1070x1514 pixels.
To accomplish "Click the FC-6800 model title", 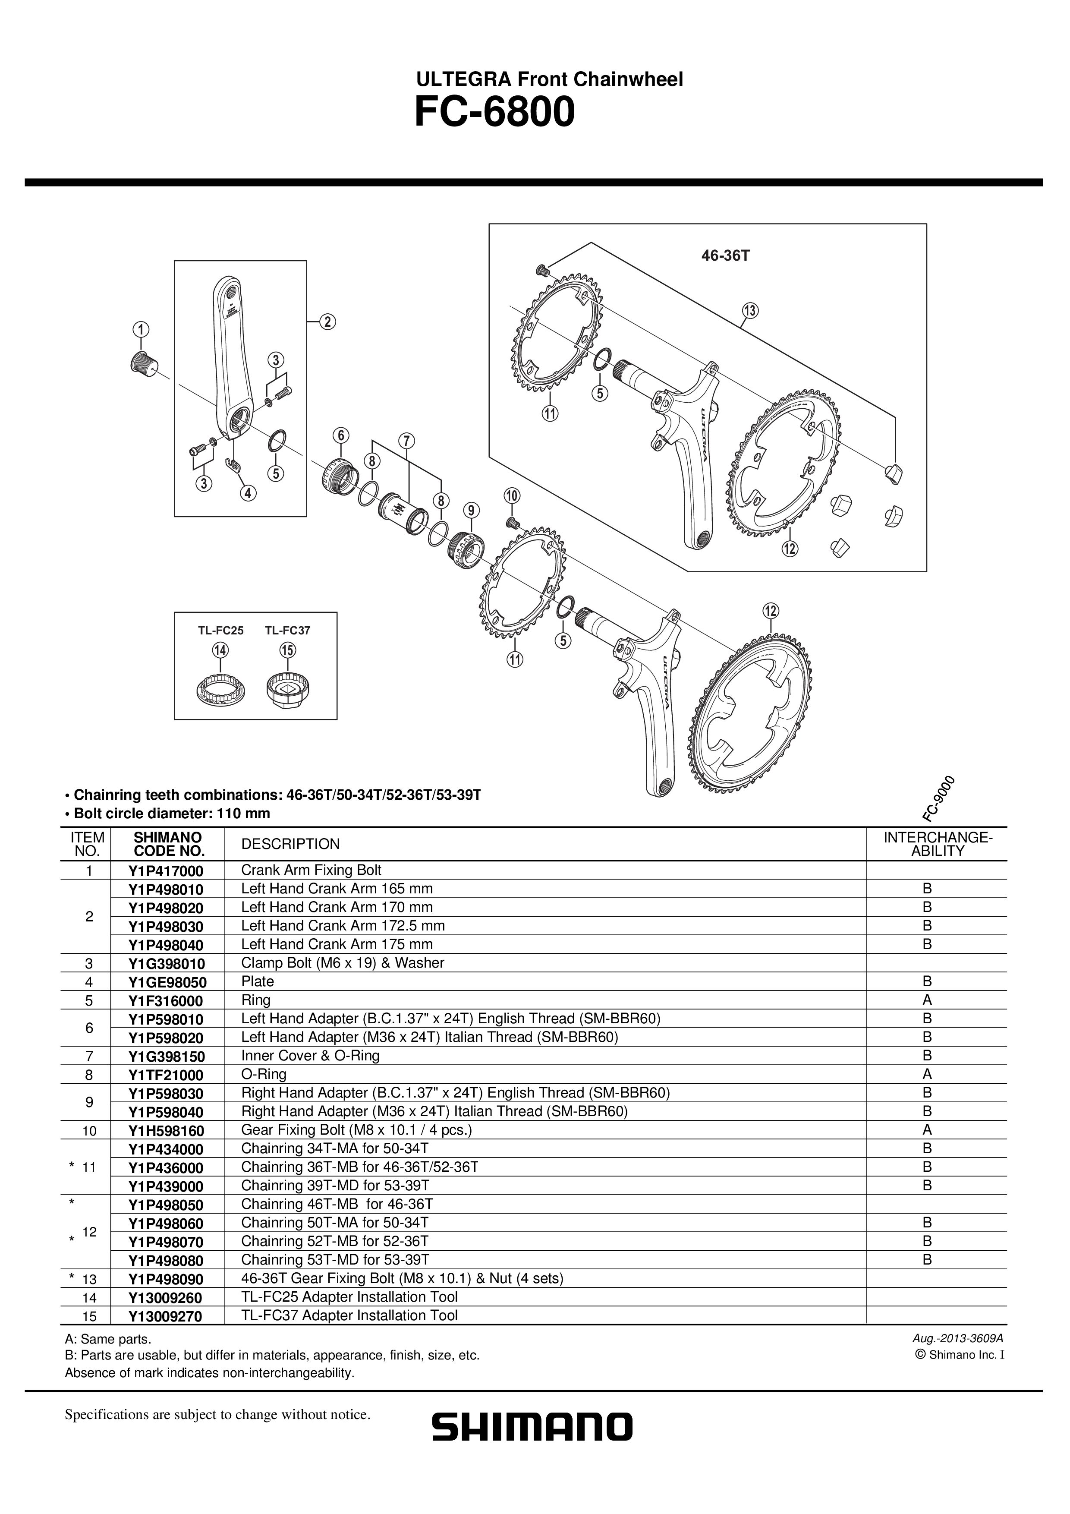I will tap(494, 114).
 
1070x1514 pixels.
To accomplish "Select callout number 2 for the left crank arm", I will tap(327, 322).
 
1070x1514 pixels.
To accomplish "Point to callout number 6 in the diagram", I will tap(340, 436).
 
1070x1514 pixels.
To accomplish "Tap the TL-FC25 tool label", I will tap(221, 631).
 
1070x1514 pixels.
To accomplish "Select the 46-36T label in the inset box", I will tap(725, 255).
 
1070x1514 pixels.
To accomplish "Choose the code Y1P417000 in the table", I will tap(166, 871).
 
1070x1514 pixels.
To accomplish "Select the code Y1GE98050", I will tap(167, 982).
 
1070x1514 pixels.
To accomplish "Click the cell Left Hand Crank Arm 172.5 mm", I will tap(343, 926).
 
